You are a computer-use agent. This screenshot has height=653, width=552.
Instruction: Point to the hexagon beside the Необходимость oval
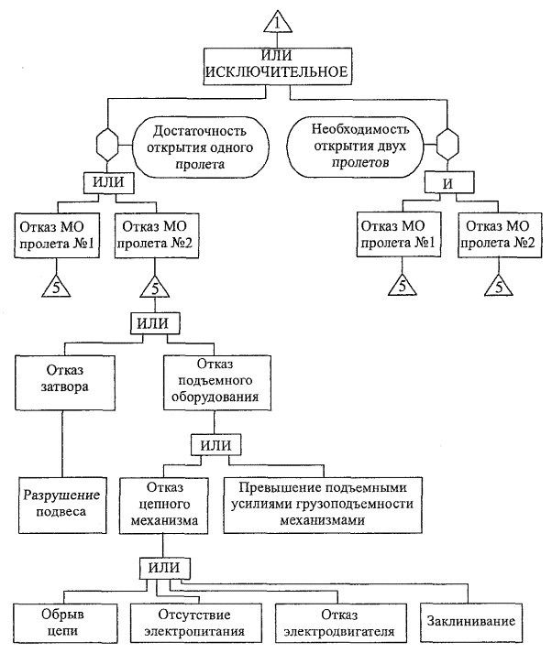[447, 144]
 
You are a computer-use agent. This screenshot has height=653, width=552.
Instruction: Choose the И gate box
[448, 182]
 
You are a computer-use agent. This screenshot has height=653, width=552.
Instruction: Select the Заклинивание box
[470, 622]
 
